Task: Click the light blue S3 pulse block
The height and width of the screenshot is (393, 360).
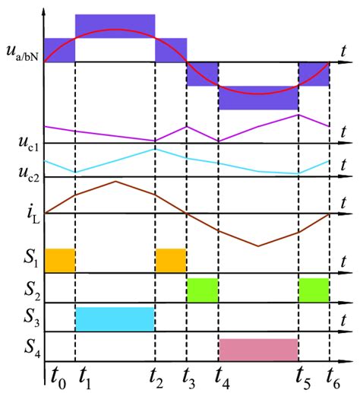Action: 115,319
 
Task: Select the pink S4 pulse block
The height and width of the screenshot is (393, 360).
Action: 258,350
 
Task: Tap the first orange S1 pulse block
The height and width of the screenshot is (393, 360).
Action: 60,260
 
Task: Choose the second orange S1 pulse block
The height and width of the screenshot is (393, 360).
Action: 171,260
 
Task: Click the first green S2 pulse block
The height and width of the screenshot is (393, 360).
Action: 203,290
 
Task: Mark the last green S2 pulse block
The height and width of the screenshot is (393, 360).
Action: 314,290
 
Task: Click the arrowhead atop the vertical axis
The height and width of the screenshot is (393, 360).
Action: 45,9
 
